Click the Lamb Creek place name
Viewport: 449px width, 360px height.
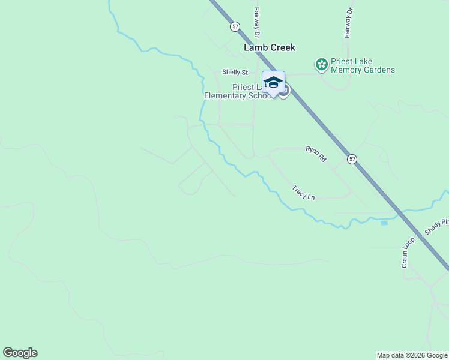point(270,47)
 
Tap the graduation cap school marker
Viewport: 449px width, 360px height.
point(273,83)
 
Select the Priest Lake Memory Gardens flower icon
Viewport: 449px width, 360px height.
point(321,64)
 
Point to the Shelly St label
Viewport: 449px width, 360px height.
point(235,72)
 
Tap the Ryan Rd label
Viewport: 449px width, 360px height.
point(315,154)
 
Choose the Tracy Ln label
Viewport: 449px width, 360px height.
point(303,193)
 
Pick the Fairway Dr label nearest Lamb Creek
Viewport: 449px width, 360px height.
point(256,20)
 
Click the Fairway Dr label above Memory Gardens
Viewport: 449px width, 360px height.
point(347,23)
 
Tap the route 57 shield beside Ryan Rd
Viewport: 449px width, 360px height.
point(352,159)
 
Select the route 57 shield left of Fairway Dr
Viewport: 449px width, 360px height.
point(235,26)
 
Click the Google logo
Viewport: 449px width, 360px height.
point(20,353)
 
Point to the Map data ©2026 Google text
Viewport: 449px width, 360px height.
point(412,355)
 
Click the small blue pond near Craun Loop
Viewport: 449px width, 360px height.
point(384,223)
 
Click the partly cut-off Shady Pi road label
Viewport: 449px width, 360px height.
point(436,227)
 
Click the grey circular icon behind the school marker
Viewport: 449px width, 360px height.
point(285,91)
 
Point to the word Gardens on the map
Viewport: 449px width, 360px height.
point(379,70)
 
